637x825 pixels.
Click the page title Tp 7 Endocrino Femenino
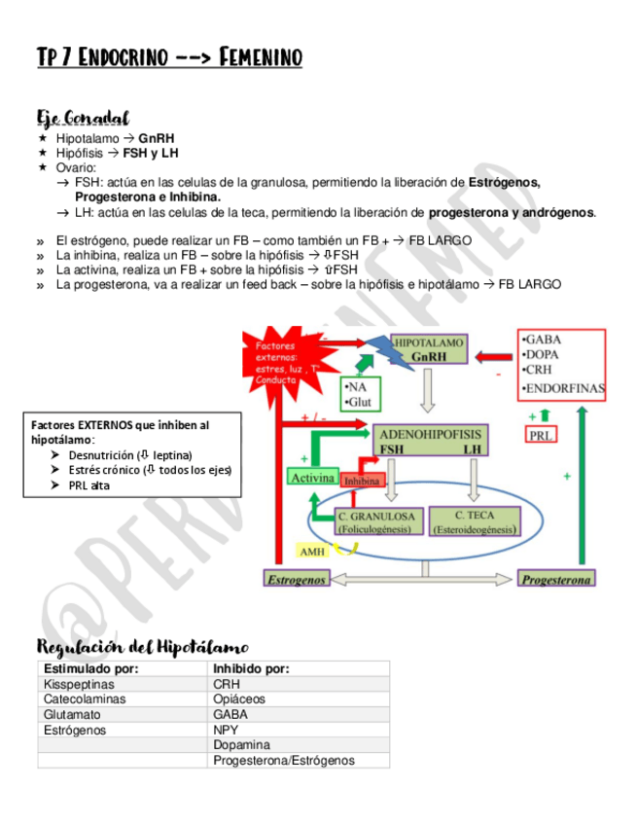click(x=169, y=58)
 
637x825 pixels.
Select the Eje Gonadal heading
click(x=84, y=119)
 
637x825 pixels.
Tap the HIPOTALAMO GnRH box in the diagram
click(x=429, y=350)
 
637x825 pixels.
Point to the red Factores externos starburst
click(x=280, y=358)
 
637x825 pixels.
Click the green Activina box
click(x=312, y=478)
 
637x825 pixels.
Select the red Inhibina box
click(x=361, y=481)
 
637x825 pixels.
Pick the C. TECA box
click(x=473, y=521)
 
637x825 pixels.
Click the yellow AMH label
click(x=312, y=552)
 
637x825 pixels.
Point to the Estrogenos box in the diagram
click(x=296, y=579)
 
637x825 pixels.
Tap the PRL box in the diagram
click(x=541, y=436)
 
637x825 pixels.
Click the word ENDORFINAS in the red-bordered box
click(x=564, y=388)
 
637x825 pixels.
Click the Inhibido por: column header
click(x=251, y=668)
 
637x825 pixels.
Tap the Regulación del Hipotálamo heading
click(x=142, y=647)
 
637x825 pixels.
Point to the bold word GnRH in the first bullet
click(x=157, y=138)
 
